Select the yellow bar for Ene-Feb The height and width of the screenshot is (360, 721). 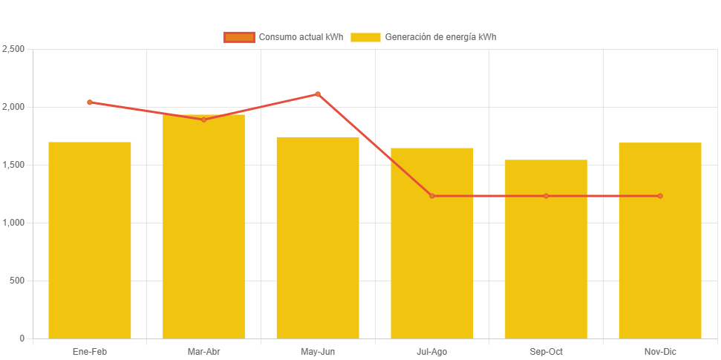pyautogui.click(x=90, y=240)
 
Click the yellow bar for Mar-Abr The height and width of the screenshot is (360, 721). pyautogui.click(x=203, y=226)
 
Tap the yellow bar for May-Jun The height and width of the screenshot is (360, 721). pyautogui.click(x=318, y=238)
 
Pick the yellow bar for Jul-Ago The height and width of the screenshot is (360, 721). pyautogui.click(x=432, y=243)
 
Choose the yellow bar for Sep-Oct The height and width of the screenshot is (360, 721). pyautogui.click(x=546, y=249)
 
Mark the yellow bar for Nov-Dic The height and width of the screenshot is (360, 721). pyautogui.click(x=660, y=240)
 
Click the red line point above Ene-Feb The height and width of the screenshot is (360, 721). pyautogui.click(x=90, y=102)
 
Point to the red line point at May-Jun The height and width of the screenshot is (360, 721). pyautogui.click(x=318, y=94)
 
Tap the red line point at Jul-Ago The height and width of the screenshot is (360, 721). pyautogui.click(x=432, y=196)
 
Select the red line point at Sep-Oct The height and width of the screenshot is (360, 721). pyautogui.click(x=546, y=196)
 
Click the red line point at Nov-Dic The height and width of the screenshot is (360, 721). pyautogui.click(x=660, y=196)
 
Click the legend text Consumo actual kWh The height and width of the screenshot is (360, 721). pyautogui.click(x=301, y=37)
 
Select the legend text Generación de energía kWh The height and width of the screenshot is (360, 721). pyautogui.click(x=440, y=37)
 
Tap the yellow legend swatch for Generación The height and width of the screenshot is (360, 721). pyautogui.click(x=365, y=37)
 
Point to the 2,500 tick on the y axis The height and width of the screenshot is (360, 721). pyautogui.click(x=13, y=49)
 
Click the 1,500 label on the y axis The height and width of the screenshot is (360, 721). pyautogui.click(x=13, y=165)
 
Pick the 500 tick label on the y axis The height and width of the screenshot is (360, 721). pyautogui.click(x=17, y=281)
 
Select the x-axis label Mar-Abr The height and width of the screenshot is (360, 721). pyautogui.click(x=203, y=351)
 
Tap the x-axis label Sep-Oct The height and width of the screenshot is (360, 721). pyautogui.click(x=546, y=351)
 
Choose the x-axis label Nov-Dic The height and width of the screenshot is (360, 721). pyautogui.click(x=660, y=351)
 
